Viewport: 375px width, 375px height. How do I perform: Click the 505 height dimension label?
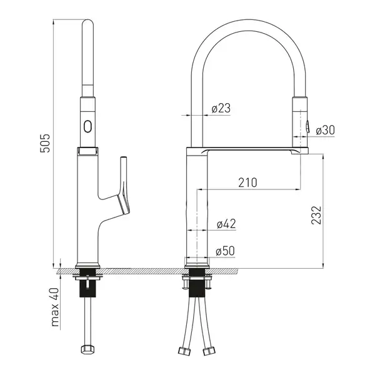(x=45, y=143)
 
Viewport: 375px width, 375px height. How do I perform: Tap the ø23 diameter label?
(x=221, y=108)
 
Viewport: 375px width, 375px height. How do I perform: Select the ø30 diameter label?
(x=325, y=130)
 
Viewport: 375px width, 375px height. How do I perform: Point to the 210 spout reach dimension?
(x=247, y=182)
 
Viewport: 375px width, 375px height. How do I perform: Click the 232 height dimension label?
(x=316, y=215)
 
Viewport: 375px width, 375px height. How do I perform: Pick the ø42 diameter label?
(x=226, y=224)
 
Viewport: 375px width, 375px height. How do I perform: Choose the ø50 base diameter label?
(x=225, y=251)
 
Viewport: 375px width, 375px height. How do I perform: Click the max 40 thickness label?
(x=55, y=307)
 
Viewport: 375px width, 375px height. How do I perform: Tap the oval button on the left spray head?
(x=87, y=126)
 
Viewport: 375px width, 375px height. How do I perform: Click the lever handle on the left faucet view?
(x=124, y=186)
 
